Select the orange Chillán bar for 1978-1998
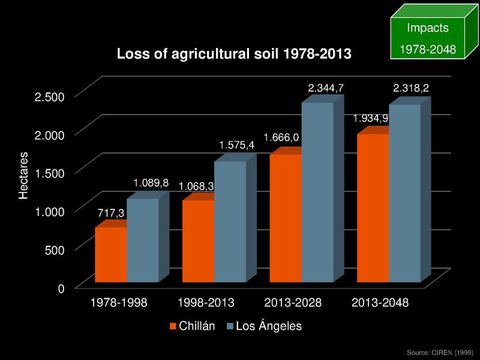pyautogui.click(x=110, y=254)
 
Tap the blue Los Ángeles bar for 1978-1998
pyautogui.click(x=142, y=240)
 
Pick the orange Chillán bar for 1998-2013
pyautogui.click(x=198, y=241)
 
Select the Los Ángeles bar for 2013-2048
pyautogui.click(x=404, y=193)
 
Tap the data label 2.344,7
pyautogui.click(x=326, y=89)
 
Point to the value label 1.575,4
pyautogui.click(x=237, y=145)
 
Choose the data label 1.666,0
pyautogui.click(x=281, y=137)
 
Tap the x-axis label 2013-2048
pyautogui.click(x=379, y=303)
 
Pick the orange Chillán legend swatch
pyautogui.click(x=174, y=326)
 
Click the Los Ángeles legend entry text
pyautogui.click(x=268, y=326)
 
